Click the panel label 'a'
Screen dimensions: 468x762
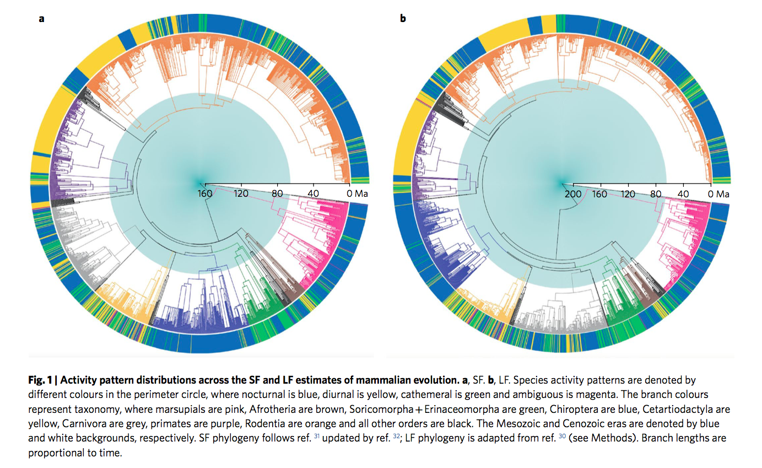41,19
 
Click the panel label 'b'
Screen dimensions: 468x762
403,19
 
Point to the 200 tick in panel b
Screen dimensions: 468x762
573,194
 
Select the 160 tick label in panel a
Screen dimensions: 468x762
205,194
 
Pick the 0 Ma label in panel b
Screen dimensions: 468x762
718,194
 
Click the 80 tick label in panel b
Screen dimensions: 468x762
656,194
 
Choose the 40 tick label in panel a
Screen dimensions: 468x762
314,194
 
